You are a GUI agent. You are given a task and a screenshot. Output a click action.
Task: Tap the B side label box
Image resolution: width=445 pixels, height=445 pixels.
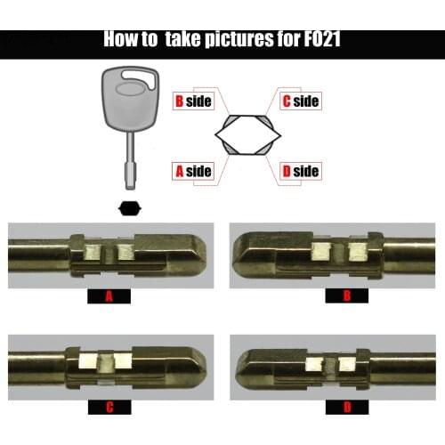coord(192,101)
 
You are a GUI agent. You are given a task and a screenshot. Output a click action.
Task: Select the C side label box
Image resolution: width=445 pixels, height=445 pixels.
coord(299,101)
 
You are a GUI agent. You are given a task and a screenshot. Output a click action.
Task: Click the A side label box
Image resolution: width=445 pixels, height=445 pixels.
coord(192,171)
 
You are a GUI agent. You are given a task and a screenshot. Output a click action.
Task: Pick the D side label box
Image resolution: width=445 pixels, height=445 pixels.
coord(299,171)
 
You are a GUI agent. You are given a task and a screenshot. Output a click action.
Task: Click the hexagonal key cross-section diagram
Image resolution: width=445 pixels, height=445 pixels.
coord(246,135)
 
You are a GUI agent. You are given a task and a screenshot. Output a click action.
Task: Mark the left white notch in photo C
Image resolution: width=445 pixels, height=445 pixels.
coord(88,361)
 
